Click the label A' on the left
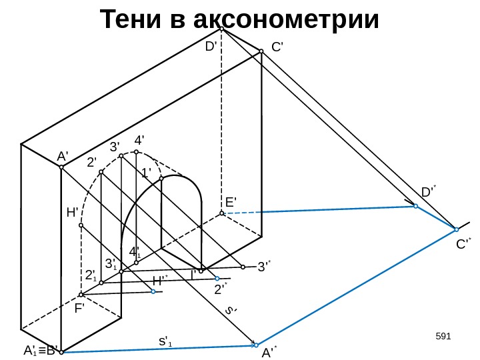[x=63, y=156]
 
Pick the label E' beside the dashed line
[x=231, y=201]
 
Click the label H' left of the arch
[x=73, y=213]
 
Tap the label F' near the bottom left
[x=79, y=309]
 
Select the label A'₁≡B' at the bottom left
[x=41, y=349]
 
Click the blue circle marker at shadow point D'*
[x=415, y=207]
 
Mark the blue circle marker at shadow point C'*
[x=456, y=229]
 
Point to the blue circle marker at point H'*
[x=153, y=291]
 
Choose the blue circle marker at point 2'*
[x=217, y=277]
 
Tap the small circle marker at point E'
[x=222, y=213]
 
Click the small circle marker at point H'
[x=81, y=225]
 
